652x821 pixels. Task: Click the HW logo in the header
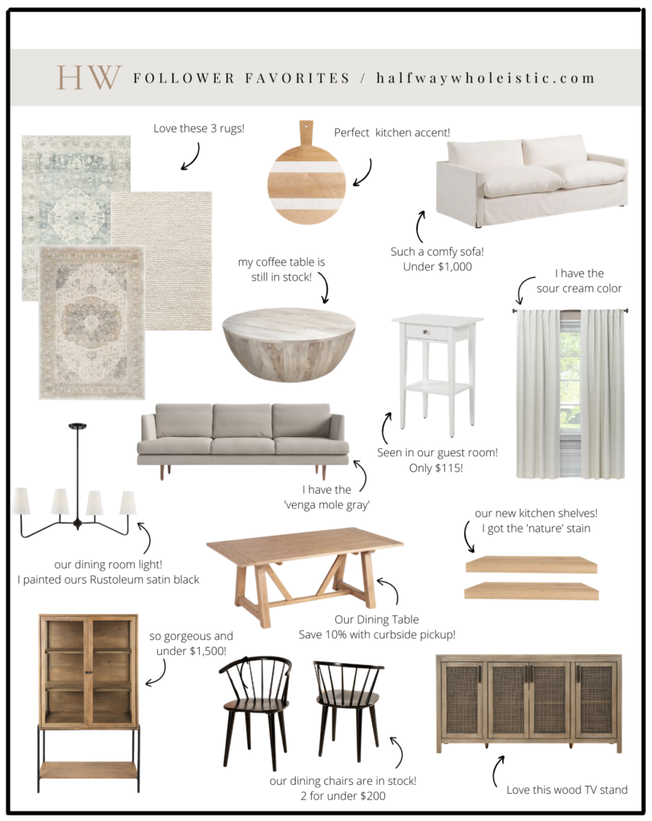pos(89,78)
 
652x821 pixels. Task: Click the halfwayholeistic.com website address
pos(485,78)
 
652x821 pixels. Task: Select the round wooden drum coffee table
pos(289,344)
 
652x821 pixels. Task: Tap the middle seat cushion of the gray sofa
pos(242,445)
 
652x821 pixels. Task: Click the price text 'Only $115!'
pos(435,468)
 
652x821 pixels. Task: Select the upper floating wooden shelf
pos(531,564)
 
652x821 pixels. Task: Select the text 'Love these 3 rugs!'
pos(198,128)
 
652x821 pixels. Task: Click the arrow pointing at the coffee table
pos(325,287)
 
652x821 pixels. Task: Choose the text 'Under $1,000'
pos(437,266)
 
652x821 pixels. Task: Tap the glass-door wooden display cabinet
pos(88,702)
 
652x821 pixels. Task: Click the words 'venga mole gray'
pos(326,505)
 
